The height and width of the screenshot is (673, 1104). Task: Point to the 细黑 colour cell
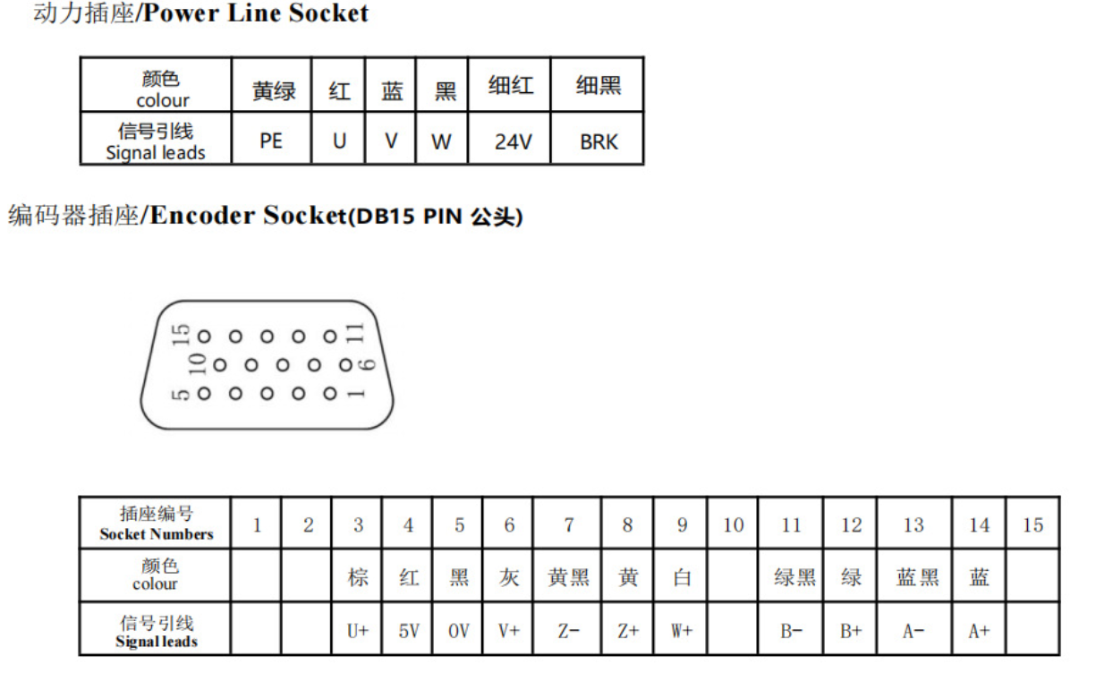(x=599, y=85)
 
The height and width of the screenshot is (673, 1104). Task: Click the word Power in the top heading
(x=181, y=13)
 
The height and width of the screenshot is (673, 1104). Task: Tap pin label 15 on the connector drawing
(x=181, y=335)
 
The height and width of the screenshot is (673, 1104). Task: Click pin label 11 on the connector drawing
(x=355, y=333)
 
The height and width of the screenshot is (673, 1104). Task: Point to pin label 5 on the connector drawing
(x=180, y=395)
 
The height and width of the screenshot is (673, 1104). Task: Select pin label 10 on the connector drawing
(x=198, y=364)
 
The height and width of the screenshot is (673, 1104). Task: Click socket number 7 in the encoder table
(x=569, y=525)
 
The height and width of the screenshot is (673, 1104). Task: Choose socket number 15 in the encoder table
(x=1032, y=525)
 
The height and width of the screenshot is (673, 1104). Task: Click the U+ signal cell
(x=358, y=631)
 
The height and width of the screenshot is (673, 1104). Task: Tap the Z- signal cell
(x=569, y=631)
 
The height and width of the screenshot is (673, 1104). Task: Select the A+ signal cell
(x=979, y=631)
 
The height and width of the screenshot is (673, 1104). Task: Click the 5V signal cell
(x=409, y=631)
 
